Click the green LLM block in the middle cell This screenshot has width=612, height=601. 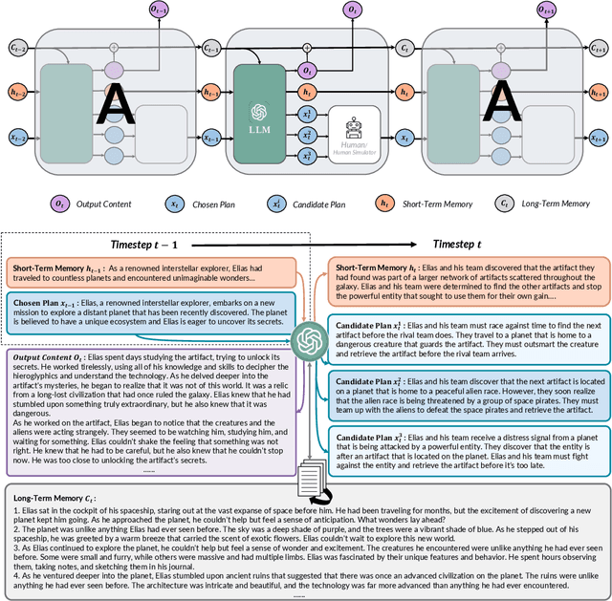[260, 107]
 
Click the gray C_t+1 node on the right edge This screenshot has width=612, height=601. [599, 47]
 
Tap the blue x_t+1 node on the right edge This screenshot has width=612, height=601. [599, 138]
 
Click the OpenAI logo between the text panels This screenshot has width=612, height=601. [308, 338]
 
